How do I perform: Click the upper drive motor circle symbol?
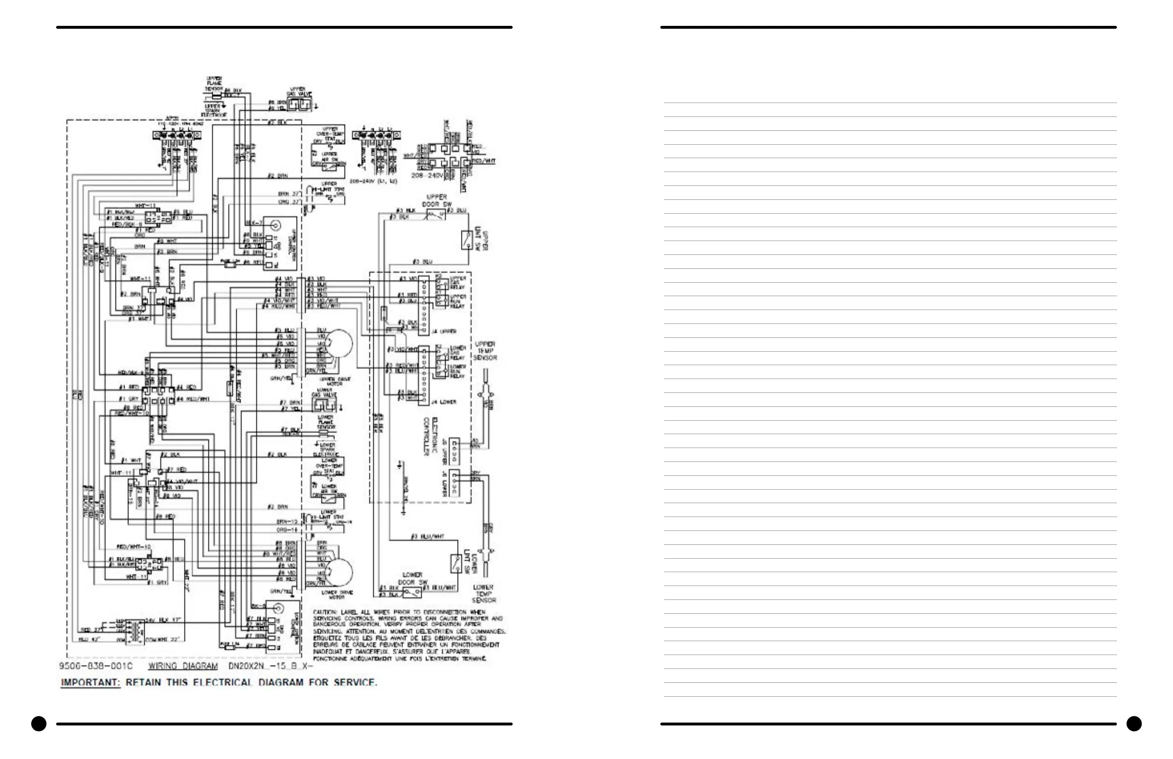[339, 344]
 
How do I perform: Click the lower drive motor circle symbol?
[339, 572]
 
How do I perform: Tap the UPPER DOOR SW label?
[436, 200]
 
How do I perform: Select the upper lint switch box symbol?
[467, 240]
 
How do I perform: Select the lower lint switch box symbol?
[456, 563]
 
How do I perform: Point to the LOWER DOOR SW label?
[412, 578]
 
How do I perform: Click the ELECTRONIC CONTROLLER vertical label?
[430, 436]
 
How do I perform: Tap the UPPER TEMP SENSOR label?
[485, 351]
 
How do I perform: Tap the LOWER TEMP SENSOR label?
[483, 593]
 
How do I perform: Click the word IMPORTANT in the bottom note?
[90, 683]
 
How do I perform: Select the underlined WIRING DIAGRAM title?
[183, 666]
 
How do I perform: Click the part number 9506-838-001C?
[96, 666]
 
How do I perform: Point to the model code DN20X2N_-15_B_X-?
[271, 666]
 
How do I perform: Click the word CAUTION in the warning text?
[325, 612]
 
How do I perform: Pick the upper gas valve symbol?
[299, 104]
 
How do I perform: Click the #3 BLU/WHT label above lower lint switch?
[427, 536]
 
